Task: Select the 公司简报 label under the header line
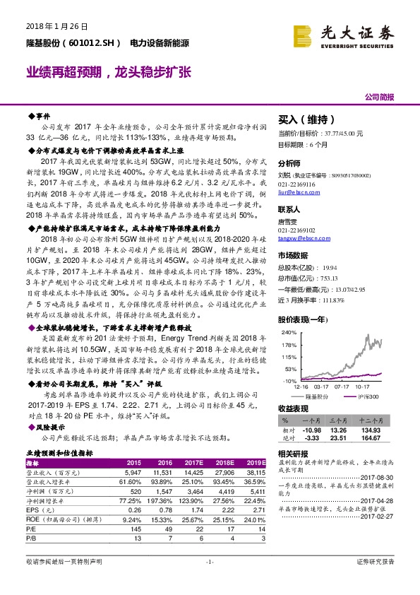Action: coord(378,97)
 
